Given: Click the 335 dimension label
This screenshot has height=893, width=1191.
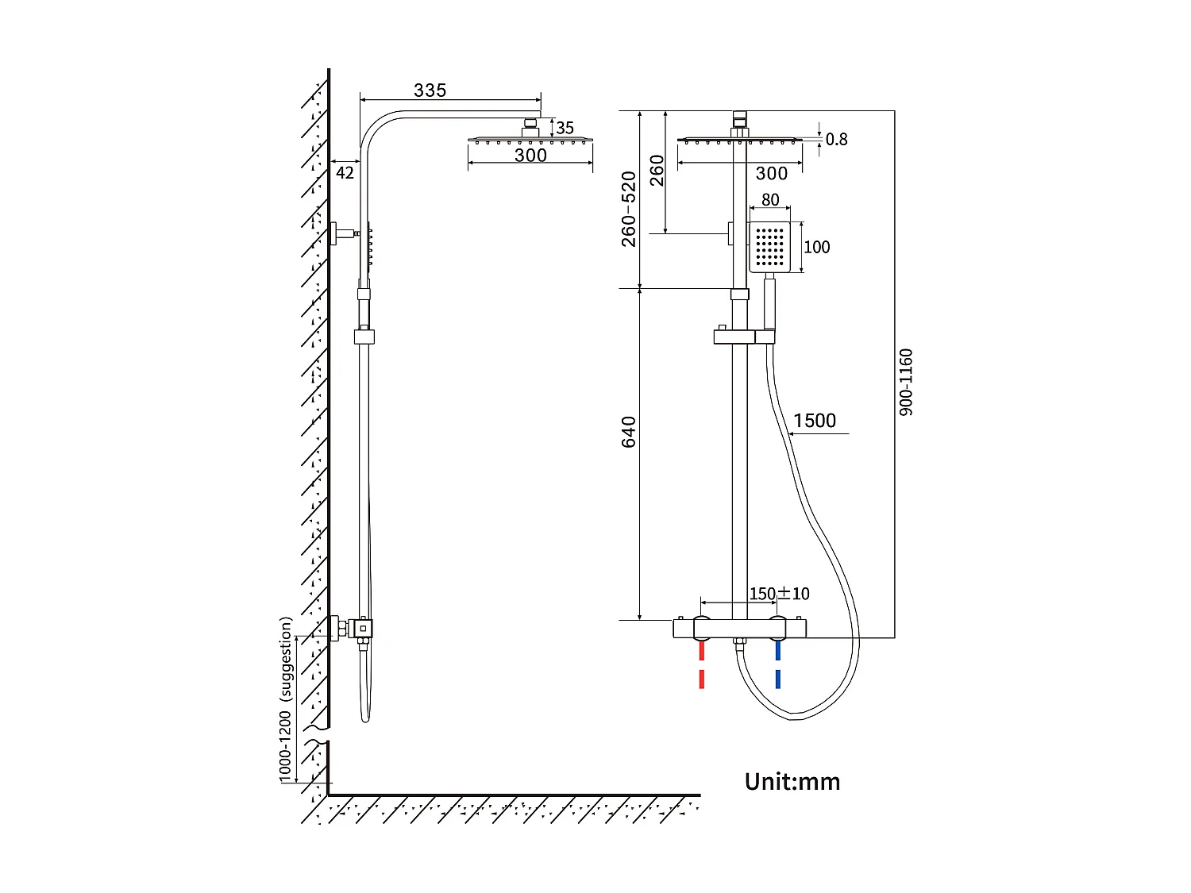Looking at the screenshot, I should pyautogui.click(x=430, y=90).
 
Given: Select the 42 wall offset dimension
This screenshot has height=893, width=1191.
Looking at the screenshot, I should pyautogui.click(x=345, y=172).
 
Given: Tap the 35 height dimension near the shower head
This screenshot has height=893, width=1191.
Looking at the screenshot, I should pyautogui.click(x=565, y=128).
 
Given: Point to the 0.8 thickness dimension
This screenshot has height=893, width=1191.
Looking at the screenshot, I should pyautogui.click(x=836, y=140).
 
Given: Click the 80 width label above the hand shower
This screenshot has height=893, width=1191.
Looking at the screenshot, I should pyautogui.click(x=770, y=200).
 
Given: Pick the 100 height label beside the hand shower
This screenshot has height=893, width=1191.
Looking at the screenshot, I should pyautogui.click(x=816, y=247).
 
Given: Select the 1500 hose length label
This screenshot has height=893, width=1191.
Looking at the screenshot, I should pyautogui.click(x=815, y=421).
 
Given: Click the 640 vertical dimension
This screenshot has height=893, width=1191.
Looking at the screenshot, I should pyautogui.click(x=629, y=432).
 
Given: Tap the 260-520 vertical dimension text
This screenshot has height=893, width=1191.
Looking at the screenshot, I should pyautogui.click(x=629, y=209).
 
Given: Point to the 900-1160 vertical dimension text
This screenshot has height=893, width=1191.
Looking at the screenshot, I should pyautogui.click(x=906, y=382).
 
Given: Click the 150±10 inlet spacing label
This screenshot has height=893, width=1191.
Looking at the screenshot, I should pyautogui.click(x=779, y=594).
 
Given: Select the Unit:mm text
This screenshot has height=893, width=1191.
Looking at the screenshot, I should pyautogui.click(x=792, y=782).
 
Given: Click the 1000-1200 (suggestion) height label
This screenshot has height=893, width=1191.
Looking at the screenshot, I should pyautogui.click(x=286, y=700).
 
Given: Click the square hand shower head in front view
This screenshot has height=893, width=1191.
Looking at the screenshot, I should pyautogui.click(x=769, y=247).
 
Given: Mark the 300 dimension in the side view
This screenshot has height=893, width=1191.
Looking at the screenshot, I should pyautogui.click(x=530, y=156).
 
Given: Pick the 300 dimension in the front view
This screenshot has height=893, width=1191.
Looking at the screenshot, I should pyautogui.click(x=771, y=174).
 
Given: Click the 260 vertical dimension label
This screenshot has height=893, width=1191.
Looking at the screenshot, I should pyautogui.click(x=657, y=171).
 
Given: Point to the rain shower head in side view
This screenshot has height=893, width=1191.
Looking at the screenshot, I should pyautogui.click(x=530, y=140).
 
